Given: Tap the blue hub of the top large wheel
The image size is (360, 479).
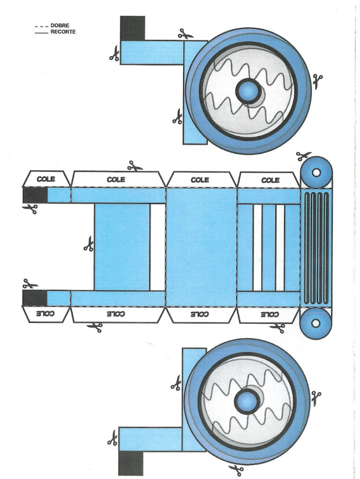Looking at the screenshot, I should coord(247,90).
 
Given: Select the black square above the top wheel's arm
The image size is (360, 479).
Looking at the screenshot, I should coord(132,28).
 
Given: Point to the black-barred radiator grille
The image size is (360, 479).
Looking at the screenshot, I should coord(316,248).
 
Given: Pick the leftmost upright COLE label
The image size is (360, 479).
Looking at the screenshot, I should coord(46,179).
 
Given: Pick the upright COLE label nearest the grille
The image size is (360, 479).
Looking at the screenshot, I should coord(270,180).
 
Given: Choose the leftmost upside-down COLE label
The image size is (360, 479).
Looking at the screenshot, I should coord(46,314).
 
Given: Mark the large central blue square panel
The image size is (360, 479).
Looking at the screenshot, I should coord(201,247).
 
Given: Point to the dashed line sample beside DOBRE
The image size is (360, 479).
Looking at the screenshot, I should coord(42,26).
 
